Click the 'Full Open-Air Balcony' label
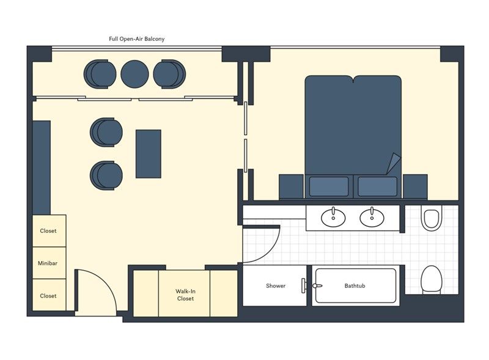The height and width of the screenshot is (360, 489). tap(136, 39)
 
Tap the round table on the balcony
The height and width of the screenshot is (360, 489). tap(134, 74)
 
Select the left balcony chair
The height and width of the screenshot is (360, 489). tap(100, 74)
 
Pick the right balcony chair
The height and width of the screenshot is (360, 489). tap(170, 74)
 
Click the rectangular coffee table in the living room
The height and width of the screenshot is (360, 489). tap(149, 154)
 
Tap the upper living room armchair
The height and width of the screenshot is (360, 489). tap(106, 132)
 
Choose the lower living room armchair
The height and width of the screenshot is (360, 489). tap(106, 175)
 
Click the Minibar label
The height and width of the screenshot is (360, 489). tap(48, 263)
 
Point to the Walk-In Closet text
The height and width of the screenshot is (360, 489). tap(186, 295)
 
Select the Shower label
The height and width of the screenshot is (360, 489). tap(276, 286)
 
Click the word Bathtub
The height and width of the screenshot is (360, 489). tap(355, 286)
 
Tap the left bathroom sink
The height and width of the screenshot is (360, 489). tap(333, 217)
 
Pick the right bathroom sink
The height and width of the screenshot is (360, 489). tap(372, 217)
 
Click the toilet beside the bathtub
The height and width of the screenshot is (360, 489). tap(432, 280)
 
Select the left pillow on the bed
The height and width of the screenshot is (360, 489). tap(329, 186)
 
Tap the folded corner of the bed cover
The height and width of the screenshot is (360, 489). tap(394, 163)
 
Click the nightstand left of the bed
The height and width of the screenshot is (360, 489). tap(292, 186)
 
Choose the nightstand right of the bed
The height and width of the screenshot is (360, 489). tap(415, 186)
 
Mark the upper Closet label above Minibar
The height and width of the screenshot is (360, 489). tap(48, 231)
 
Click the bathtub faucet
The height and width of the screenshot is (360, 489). tap(317, 286)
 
